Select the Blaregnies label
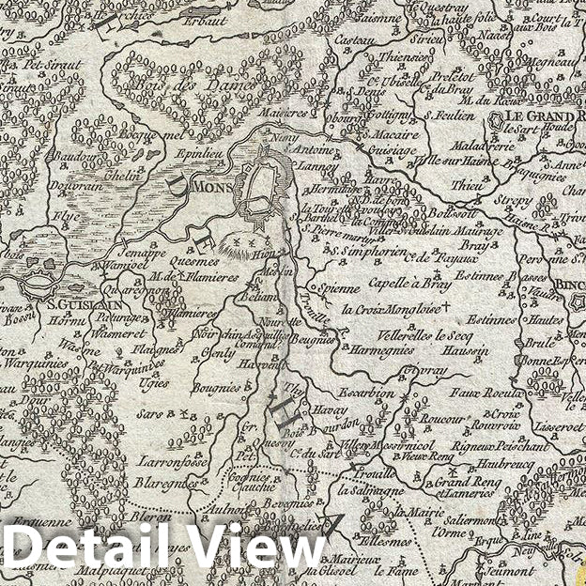[x=165, y=482]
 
